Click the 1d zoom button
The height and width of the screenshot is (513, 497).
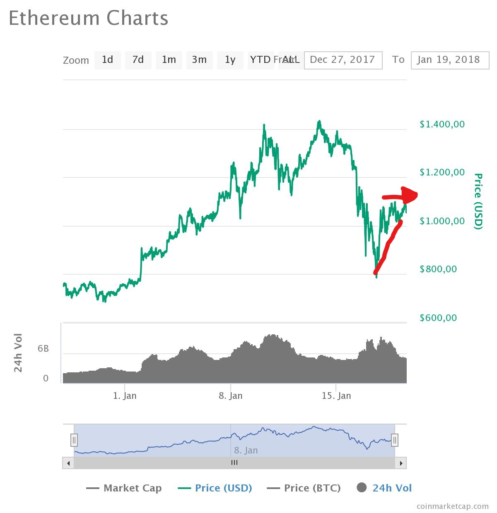tap(107, 60)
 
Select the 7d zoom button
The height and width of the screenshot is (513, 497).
tap(138, 60)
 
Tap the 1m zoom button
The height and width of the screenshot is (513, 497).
tap(169, 60)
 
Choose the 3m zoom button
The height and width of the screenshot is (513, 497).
tap(199, 60)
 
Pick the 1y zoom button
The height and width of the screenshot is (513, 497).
tap(230, 60)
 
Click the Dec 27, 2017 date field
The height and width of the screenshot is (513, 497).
tap(343, 60)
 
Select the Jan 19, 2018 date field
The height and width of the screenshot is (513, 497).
tap(449, 60)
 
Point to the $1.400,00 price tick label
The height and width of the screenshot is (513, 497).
tap(442, 124)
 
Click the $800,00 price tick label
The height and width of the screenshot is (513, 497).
tap(438, 269)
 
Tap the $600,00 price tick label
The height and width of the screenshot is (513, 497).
tap(438, 318)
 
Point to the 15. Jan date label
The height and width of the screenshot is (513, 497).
tap(336, 396)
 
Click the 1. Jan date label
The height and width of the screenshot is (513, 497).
tap(125, 396)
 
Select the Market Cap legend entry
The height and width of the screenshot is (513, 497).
tap(124, 488)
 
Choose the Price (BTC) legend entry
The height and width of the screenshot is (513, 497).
tap(304, 488)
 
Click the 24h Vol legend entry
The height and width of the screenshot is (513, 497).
tap(384, 488)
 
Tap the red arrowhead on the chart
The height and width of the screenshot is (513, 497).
tap(410, 194)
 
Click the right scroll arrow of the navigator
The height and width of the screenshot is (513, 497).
tap(401, 463)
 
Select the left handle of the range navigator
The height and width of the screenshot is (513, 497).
tap(74, 440)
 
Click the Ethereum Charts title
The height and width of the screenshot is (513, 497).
tap(89, 19)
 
